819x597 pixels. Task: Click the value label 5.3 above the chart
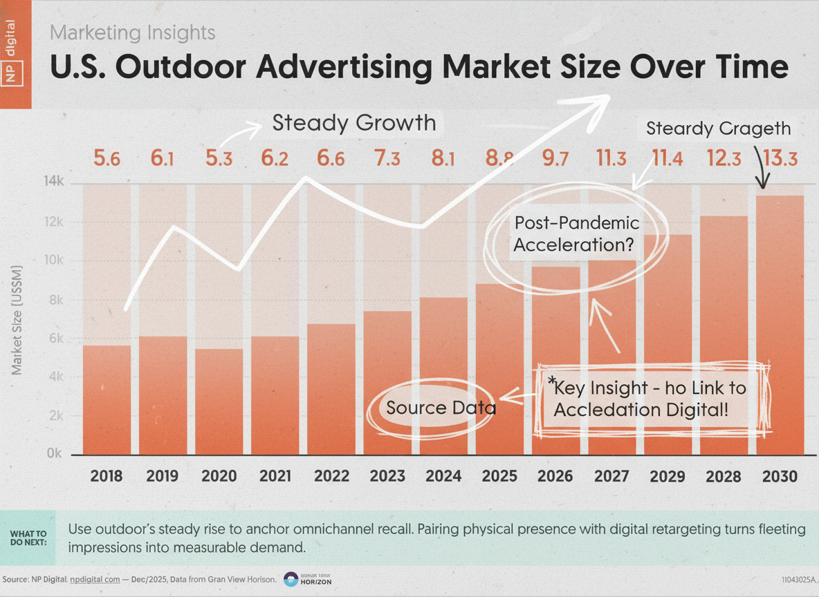click(x=219, y=159)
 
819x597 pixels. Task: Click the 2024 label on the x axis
click(x=443, y=476)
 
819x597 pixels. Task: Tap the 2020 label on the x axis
click(x=219, y=476)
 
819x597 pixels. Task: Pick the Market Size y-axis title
click(x=17, y=319)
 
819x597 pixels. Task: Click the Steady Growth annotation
click(x=353, y=123)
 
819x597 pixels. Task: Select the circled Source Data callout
click(x=441, y=408)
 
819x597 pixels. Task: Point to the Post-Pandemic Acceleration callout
click(x=576, y=234)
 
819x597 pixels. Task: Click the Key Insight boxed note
click(x=650, y=399)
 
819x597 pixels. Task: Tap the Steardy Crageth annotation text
click(x=718, y=129)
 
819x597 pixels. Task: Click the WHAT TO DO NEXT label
click(x=28, y=538)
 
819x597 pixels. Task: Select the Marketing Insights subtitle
click(x=133, y=32)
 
